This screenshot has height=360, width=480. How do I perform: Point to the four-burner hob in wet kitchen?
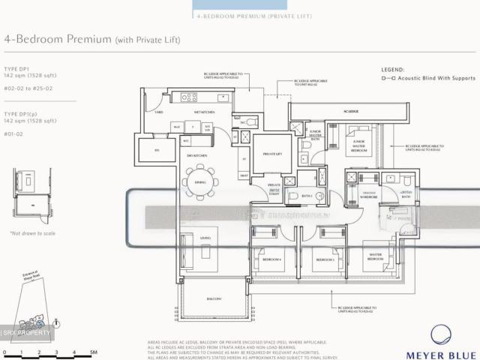click(x=188, y=97)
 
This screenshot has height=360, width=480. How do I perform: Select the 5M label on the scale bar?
click(x=93, y=352)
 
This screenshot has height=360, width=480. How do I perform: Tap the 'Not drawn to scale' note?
click(x=32, y=234)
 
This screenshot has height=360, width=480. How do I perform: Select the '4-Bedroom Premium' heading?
click(x=58, y=39)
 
